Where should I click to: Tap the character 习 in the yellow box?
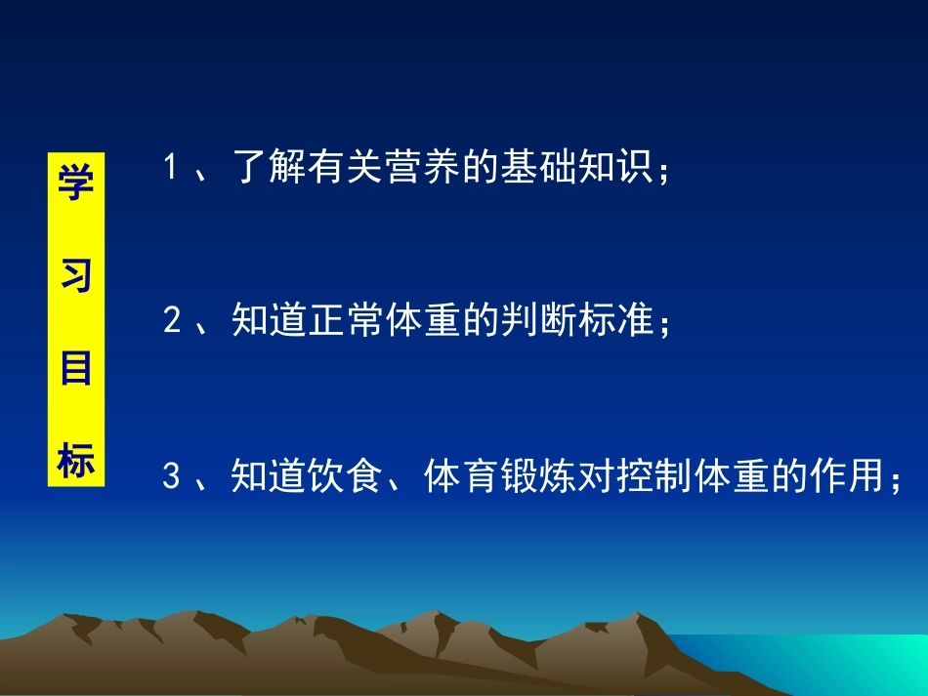pyautogui.click(x=75, y=277)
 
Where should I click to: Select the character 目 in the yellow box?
pyautogui.click(x=75, y=370)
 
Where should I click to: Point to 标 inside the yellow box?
pyautogui.click(x=75, y=462)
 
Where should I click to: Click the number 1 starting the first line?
pyautogui.click(x=171, y=168)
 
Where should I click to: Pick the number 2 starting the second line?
pyautogui.click(x=172, y=321)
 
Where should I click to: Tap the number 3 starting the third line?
pyautogui.click(x=172, y=478)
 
